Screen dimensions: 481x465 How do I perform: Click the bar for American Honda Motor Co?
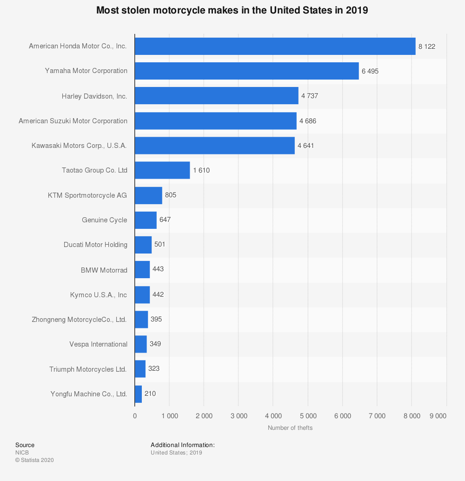pyautogui.click(x=275, y=46)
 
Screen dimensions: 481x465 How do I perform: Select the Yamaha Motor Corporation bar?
pyautogui.click(x=246, y=71)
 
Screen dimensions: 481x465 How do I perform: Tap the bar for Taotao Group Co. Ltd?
pyautogui.click(x=162, y=170)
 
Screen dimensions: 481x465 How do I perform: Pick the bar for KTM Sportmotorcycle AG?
pyautogui.click(x=148, y=195)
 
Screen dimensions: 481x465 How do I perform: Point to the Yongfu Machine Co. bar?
pyautogui.click(x=138, y=394)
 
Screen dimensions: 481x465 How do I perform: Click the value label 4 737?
pyautogui.click(x=310, y=96)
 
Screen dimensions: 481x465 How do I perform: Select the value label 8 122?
pyautogui.click(x=427, y=47)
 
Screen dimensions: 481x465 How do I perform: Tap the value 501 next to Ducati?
pyautogui.click(x=160, y=245)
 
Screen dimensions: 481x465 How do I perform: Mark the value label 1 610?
pyautogui.click(x=201, y=170)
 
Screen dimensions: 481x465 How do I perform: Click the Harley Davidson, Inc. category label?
pyautogui.click(x=94, y=96)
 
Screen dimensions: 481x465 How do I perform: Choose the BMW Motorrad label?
pyautogui.click(x=104, y=270)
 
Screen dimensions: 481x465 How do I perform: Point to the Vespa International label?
pyautogui.click(x=98, y=344)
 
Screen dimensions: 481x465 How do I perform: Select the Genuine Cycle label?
pyautogui.click(x=105, y=220)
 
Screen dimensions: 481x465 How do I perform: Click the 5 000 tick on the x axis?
pyautogui.click(x=308, y=416)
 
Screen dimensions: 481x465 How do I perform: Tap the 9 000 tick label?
pyautogui.click(x=438, y=416)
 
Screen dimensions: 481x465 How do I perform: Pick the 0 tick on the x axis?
pyautogui.click(x=135, y=416)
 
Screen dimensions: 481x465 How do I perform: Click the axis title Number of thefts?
pyautogui.click(x=290, y=428)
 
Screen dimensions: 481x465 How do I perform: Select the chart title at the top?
pyautogui.click(x=232, y=10)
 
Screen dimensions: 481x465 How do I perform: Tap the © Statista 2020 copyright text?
pyautogui.click(x=34, y=460)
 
